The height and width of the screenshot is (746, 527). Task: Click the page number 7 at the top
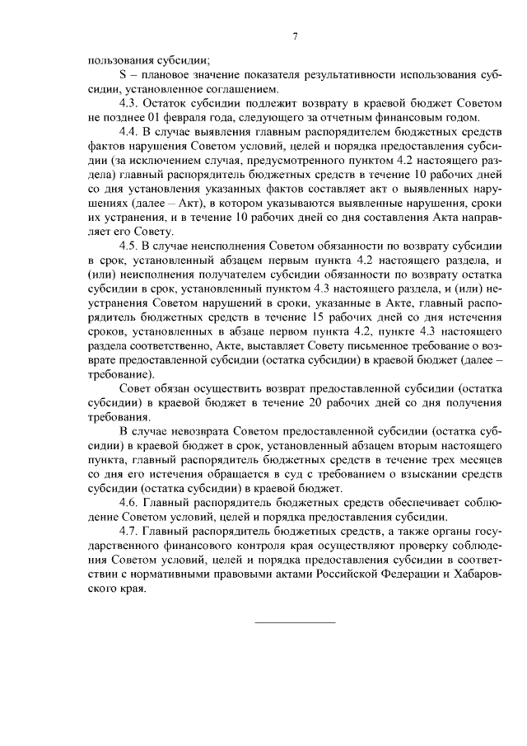(294, 35)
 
